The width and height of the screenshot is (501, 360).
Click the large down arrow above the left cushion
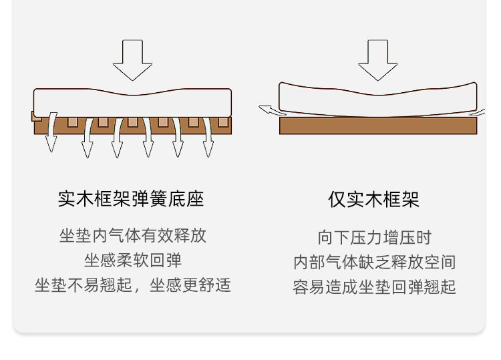132,59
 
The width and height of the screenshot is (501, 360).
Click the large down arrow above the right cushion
378,59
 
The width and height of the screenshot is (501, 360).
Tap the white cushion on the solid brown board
378,98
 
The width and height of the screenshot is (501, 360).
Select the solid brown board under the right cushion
378,126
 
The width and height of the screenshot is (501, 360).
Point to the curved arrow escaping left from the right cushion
269,110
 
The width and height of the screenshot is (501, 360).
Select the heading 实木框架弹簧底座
131,199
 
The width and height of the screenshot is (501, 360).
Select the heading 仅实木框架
373,199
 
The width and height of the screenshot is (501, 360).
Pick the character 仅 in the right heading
337,199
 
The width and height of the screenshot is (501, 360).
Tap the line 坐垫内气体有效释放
133,235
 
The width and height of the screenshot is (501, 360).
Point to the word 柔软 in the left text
133,260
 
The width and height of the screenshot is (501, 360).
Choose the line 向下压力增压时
374,237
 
